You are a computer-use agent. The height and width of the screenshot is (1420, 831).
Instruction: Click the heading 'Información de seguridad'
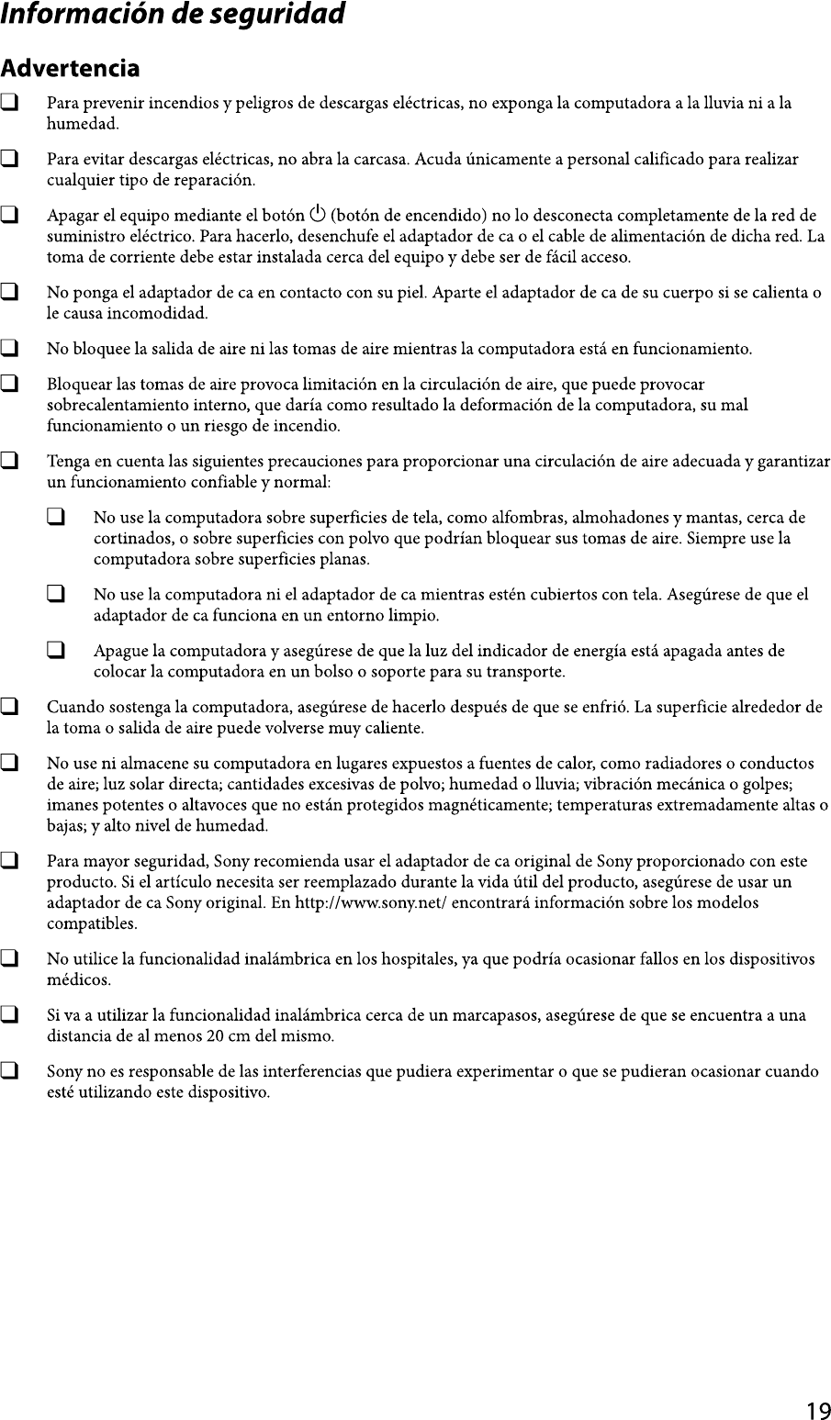(174, 16)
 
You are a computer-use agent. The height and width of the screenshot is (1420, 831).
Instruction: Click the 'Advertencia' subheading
(71, 69)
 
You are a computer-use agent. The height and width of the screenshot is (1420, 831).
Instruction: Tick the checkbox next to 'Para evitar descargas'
(10, 160)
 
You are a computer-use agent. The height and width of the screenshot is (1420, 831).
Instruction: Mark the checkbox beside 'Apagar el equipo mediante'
(10, 218)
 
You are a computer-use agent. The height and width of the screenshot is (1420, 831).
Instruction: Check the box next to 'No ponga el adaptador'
(10, 294)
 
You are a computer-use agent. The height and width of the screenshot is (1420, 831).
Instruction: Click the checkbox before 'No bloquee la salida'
(10, 350)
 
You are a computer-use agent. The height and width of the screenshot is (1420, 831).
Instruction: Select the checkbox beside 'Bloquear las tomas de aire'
(10, 384)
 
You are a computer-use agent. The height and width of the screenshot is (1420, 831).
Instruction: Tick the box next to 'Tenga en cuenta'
(10, 461)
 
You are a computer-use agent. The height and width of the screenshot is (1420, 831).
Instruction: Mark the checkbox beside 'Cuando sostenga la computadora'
(10, 708)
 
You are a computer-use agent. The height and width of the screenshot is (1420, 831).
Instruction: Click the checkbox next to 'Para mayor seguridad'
(10, 862)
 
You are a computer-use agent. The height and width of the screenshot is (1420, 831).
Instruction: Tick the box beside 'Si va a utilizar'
(10, 1015)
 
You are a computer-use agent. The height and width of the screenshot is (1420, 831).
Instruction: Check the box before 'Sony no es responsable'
(10, 1071)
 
